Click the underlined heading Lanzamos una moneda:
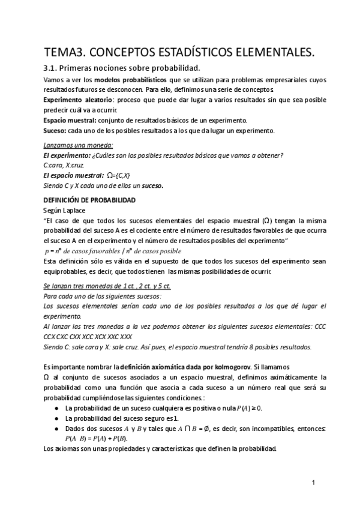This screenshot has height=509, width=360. (79, 145)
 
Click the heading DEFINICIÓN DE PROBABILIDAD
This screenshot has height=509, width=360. (89, 199)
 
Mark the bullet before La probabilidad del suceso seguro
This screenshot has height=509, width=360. (56, 418)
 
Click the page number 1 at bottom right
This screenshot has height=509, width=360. (313, 482)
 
